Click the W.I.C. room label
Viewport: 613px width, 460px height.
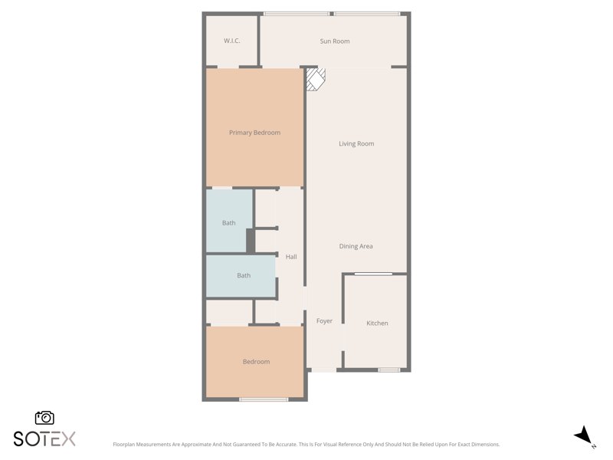tap(232, 41)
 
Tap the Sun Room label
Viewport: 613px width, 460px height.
tap(335, 41)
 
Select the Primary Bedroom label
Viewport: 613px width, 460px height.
tap(254, 133)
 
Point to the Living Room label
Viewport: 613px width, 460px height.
tap(356, 143)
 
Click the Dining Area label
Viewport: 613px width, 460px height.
tap(356, 246)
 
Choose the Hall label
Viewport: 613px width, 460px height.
tap(291, 257)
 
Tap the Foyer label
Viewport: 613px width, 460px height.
tap(324, 320)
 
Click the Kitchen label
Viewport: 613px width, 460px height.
tap(377, 323)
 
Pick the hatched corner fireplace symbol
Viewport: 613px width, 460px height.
tap(315, 80)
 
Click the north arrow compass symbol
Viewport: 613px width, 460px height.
tap(584, 436)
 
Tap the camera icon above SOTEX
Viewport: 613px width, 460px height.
tap(44, 418)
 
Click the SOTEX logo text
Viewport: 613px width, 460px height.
tap(44, 439)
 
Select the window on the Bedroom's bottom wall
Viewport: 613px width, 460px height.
tap(264, 399)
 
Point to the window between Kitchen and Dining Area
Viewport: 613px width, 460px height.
tap(373, 274)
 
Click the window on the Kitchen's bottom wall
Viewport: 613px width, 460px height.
tap(389, 370)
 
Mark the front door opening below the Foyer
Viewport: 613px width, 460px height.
tap(323, 370)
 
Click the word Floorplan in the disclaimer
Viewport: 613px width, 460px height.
tap(123, 445)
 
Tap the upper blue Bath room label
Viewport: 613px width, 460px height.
tap(228, 223)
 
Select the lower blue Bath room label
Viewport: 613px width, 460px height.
tap(244, 275)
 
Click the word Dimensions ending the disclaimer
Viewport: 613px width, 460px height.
tap(485, 445)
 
